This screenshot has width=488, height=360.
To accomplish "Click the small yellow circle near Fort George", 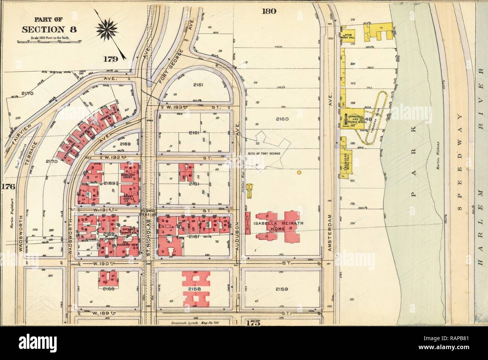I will click(x=299, y=173).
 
